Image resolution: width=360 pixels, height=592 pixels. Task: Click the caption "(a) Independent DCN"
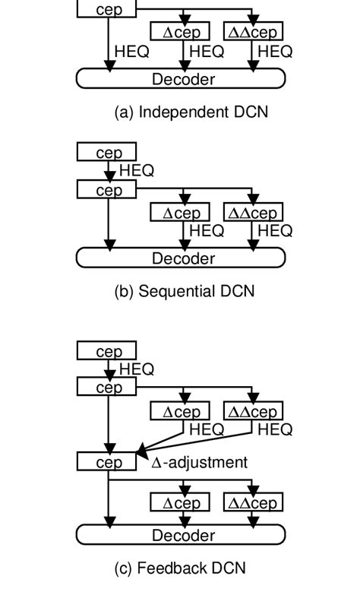pyautogui.click(x=191, y=112)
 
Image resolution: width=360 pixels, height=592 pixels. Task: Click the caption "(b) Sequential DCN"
pyautogui.click(x=185, y=291)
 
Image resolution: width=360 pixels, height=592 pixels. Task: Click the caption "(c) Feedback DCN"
pyautogui.click(x=180, y=568)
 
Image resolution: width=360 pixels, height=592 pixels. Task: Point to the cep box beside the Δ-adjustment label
pyautogui.click(x=107, y=462)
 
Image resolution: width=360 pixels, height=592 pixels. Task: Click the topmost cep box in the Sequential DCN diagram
pyautogui.click(x=107, y=153)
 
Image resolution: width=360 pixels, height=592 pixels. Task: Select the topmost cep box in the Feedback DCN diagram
pyautogui.click(x=107, y=351)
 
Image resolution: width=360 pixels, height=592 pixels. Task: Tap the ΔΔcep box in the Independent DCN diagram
pyautogui.click(x=254, y=31)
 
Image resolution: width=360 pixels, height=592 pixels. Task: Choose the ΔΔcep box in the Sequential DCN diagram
pyautogui.click(x=254, y=212)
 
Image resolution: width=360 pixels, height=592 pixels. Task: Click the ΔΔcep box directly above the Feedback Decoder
pyautogui.click(x=254, y=502)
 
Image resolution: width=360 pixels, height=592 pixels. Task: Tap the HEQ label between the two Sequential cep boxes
pyautogui.click(x=137, y=171)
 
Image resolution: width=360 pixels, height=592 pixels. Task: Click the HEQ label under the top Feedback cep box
pyautogui.click(x=137, y=369)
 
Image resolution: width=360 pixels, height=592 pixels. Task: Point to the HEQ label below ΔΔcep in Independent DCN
pyautogui.click(x=275, y=52)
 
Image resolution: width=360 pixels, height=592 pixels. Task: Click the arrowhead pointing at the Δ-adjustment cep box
pyautogui.click(x=141, y=454)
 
